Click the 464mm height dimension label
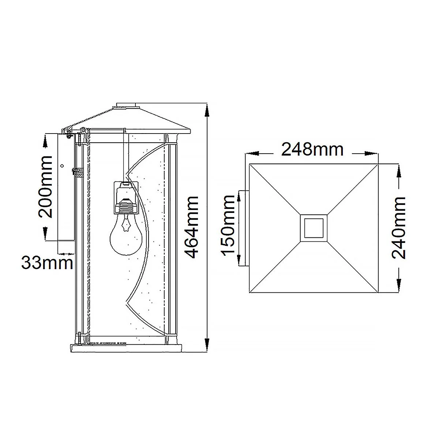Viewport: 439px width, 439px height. (192, 227)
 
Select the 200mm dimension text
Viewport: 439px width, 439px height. (45, 187)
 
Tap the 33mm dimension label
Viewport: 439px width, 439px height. (47, 263)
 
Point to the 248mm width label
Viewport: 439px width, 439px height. (312, 150)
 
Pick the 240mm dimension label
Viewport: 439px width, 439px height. (399, 228)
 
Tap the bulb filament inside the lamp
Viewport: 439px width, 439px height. (125, 224)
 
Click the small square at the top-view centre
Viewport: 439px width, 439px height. (314, 228)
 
